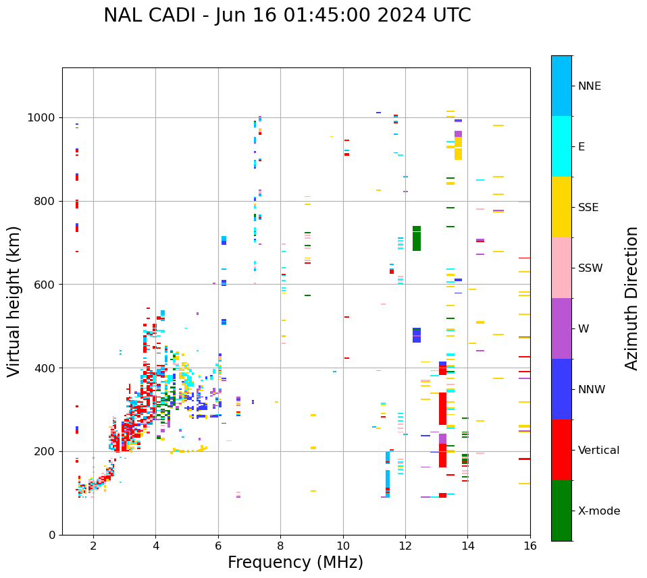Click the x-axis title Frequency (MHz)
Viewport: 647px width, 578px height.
[295, 562]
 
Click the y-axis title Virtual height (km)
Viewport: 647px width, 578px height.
[14, 301]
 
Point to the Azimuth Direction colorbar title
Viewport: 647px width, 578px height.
[631, 298]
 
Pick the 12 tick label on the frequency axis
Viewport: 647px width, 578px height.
[405, 546]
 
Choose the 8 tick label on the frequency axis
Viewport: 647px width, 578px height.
[280, 546]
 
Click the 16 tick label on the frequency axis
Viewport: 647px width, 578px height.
[530, 546]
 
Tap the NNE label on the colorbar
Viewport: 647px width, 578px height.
[590, 86]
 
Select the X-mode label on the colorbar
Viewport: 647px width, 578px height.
[599, 511]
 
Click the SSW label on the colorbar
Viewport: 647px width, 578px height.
[590, 268]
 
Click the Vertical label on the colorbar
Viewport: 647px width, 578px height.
[598, 451]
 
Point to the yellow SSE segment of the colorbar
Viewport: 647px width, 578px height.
[561, 207]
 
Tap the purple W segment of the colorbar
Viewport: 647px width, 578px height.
[561, 328]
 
